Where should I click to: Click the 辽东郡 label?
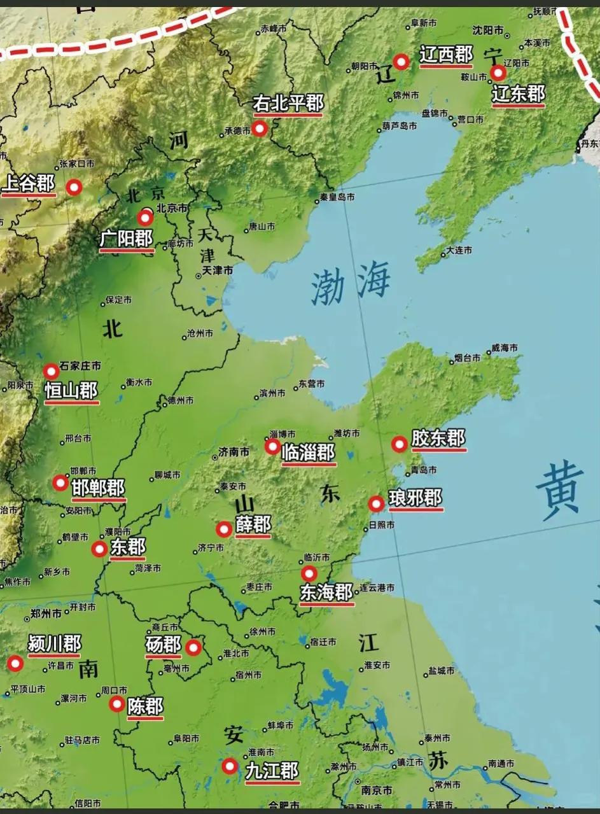[x=519, y=94]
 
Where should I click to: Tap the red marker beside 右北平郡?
[x=259, y=129]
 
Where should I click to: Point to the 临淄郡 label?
[x=309, y=453]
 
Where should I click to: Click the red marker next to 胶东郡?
[x=399, y=444]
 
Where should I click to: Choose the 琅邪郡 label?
[x=415, y=498]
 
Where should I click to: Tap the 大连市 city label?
[x=459, y=251]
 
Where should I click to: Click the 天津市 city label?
[x=218, y=270]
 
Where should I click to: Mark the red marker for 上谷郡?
[x=74, y=187]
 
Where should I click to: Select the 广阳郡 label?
[x=127, y=239]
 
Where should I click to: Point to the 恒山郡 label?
[x=72, y=391]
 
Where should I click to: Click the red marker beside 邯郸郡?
[x=60, y=482]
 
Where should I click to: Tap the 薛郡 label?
[x=253, y=525]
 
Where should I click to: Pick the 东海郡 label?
[x=326, y=593]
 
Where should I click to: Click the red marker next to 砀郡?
[x=193, y=648]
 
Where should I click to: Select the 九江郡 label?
[x=272, y=771]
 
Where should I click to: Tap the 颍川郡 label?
[x=55, y=644]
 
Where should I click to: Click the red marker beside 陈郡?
[x=117, y=704]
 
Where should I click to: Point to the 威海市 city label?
[x=504, y=348]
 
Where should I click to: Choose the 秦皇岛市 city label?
[x=337, y=197]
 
